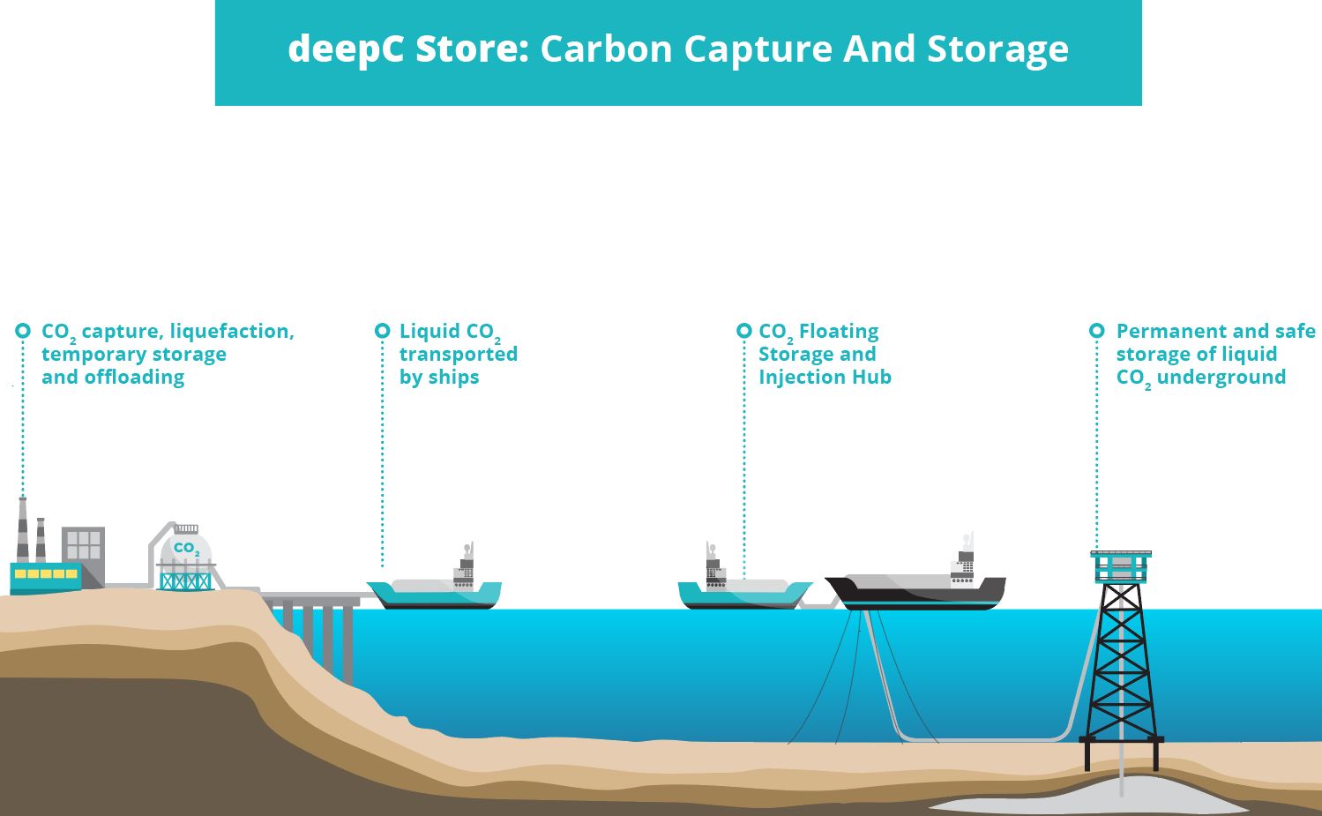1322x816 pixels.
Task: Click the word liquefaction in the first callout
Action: click(231, 332)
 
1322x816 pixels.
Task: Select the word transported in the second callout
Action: click(459, 354)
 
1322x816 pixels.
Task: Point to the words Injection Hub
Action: click(825, 378)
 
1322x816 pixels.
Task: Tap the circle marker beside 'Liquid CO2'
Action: click(382, 331)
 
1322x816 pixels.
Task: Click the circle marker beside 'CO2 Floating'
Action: click(743, 331)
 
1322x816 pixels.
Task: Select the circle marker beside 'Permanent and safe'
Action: click(1096, 331)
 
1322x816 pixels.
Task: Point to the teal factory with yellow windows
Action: click(45, 576)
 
